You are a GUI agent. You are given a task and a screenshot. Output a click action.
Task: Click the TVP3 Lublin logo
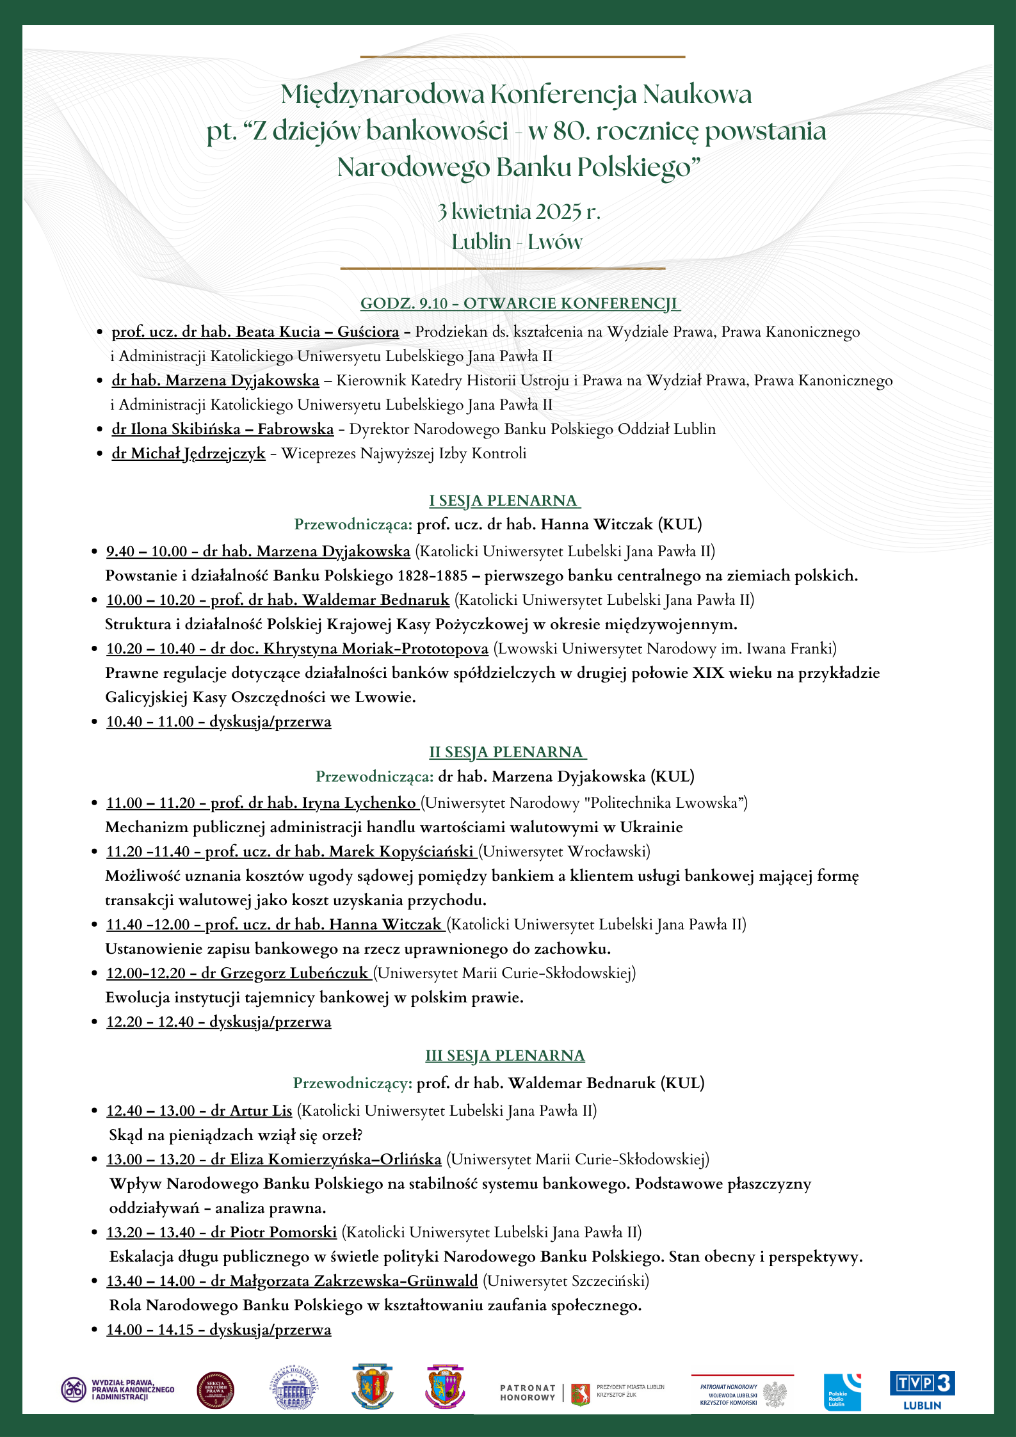click(x=922, y=1390)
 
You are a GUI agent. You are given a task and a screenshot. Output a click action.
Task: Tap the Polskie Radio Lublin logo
click(x=842, y=1392)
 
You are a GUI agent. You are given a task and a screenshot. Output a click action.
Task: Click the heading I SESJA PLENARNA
click(x=504, y=501)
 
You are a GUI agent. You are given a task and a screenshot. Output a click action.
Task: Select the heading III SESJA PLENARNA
click(x=505, y=1056)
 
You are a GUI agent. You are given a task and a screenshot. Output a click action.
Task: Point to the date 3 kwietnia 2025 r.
click(x=519, y=211)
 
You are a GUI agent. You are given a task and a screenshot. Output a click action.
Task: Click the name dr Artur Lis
click(x=252, y=1111)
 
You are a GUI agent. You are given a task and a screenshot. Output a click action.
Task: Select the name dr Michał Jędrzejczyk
click(x=188, y=453)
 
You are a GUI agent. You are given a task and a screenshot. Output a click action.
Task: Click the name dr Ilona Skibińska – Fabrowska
click(x=223, y=429)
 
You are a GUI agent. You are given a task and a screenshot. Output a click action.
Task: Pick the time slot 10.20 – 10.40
click(x=150, y=648)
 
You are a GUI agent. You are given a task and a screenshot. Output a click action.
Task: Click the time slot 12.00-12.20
click(x=146, y=973)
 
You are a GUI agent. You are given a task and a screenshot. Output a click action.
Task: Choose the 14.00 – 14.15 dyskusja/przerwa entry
click(x=219, y=1329)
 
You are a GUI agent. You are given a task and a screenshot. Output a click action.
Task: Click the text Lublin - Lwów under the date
click(x=517, y=242)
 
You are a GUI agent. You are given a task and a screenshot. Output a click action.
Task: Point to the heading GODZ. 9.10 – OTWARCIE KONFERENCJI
click(x=520, y=303)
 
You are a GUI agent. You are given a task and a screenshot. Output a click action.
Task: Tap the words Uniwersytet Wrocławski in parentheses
click(x=565, y=851)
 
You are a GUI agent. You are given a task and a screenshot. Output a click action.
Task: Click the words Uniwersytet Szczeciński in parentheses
click(x=566, y=1281)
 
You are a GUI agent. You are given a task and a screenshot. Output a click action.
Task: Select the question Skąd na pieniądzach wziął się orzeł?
click(x=236, y=1135)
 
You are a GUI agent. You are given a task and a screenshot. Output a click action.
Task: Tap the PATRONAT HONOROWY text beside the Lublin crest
click(x=528, y=1392)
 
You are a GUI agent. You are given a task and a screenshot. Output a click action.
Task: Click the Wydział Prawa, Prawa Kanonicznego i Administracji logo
click(x=118, y=1390)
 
